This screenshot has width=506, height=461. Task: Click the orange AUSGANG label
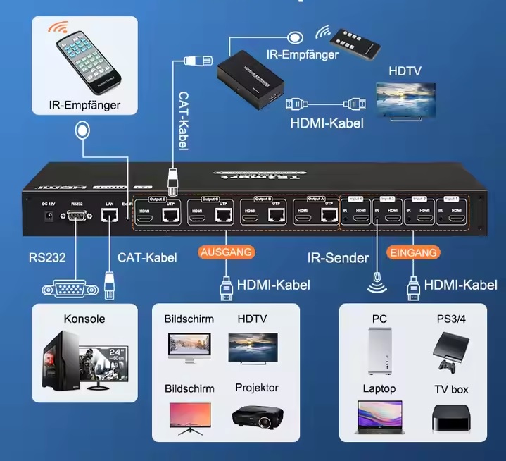[227, 252]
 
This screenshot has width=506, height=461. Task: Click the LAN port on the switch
[109, 216]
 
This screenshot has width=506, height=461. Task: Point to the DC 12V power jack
[49, 217]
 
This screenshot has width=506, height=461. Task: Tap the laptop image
[379, 416]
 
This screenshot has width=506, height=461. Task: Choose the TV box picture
[450, 417]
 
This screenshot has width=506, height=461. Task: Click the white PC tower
[379, 350]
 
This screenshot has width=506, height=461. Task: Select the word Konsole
[84, 319]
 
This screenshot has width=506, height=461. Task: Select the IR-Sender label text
[338, 258]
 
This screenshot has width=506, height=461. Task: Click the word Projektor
[257, 388]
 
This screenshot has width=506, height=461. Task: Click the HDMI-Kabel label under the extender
[327, 123]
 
